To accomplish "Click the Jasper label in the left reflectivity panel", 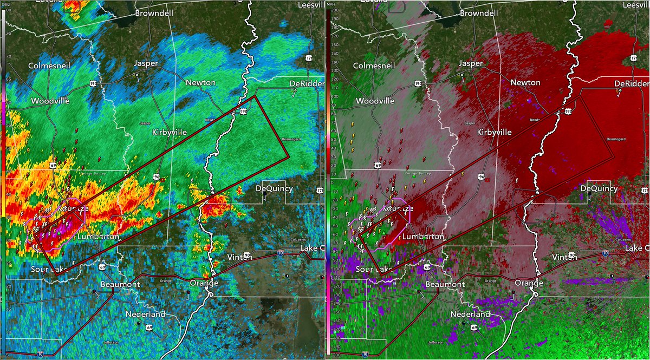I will click(146, 63).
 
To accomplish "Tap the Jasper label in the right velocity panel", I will click(470, 63).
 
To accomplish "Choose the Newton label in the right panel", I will click(525, 82).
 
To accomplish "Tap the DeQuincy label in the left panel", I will click(274, 188).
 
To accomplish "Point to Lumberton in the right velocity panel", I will click(423, 237).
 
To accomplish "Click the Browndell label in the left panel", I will click(153, 12).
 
